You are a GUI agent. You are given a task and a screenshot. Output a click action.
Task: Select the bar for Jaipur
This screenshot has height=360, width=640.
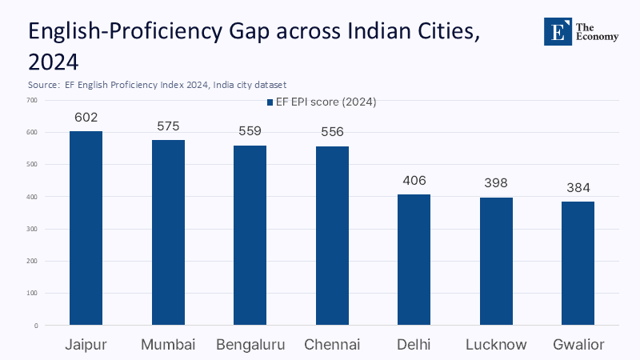(86, 228)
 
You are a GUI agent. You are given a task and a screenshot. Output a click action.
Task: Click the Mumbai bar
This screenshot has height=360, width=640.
(168, 233)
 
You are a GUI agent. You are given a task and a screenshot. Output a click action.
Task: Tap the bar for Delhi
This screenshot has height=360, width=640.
(414, 260)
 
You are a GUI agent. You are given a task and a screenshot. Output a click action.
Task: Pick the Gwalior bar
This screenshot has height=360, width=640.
(578, 263)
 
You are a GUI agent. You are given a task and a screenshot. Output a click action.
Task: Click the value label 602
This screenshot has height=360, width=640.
(86, 118)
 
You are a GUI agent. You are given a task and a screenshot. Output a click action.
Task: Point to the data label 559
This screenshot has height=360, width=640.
(250, 132)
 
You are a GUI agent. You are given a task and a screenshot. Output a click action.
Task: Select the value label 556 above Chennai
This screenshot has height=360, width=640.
(332, 133)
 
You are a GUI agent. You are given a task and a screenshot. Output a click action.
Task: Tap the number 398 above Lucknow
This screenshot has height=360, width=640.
(496, 183)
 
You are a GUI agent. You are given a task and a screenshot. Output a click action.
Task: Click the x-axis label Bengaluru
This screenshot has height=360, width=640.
(250, 345)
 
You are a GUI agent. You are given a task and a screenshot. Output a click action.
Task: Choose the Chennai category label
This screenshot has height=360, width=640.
(332, 345)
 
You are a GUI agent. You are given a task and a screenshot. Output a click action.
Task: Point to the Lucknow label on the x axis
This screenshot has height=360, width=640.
(496, 345)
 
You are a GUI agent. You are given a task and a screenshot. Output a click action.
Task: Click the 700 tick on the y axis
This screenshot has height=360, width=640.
(32, 100)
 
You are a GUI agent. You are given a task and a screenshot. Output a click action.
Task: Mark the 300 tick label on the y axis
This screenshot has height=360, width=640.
(32, 229)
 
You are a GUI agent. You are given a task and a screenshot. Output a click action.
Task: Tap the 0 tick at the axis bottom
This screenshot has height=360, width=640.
(36, 326)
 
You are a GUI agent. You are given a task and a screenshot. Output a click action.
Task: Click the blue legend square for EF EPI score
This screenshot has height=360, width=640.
(269, 102)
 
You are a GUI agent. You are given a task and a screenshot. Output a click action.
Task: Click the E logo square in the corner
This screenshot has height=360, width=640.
(558, 30)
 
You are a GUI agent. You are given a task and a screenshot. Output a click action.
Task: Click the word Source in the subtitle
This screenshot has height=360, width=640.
(41, 84)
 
